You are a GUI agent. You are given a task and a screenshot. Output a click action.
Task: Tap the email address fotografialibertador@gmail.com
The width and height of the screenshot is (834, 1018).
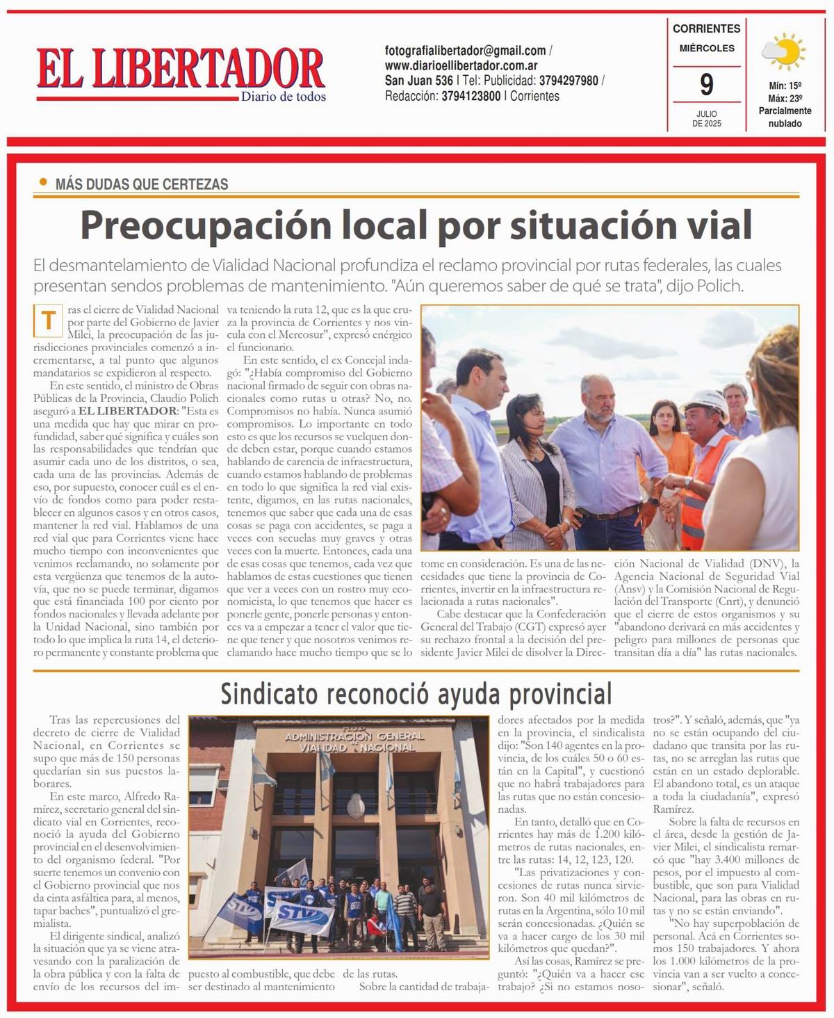[465, 51]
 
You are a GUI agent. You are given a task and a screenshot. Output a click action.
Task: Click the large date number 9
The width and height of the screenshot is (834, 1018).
[706, 85]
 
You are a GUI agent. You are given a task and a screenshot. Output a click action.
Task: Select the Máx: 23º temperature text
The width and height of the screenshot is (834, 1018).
[785, 98]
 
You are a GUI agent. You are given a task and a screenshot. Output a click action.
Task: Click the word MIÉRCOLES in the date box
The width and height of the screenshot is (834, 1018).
[706, 48]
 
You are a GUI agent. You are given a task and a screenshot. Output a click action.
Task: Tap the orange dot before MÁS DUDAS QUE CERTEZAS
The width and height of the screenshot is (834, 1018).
[43, 183]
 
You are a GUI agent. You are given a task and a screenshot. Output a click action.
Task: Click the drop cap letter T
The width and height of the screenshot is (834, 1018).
[49, 321]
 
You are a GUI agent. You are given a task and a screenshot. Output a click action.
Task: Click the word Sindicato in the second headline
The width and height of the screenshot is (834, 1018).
[269, 693]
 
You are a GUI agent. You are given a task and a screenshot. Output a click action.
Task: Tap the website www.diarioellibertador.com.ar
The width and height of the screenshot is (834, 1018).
[461, 65]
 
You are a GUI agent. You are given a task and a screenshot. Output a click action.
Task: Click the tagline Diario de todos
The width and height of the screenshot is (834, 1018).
[283, 97]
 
